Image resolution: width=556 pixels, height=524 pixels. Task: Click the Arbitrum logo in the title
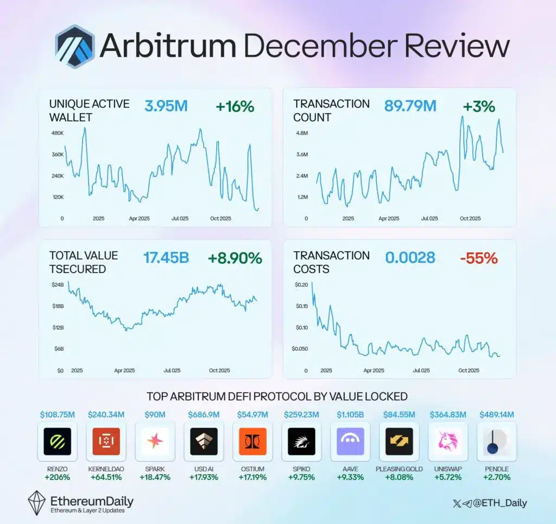[75, 46]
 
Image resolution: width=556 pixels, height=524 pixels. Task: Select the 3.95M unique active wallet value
[166, 106]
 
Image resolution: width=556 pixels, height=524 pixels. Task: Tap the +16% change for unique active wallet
[235, 106]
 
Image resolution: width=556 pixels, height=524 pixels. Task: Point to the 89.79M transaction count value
[410, 106]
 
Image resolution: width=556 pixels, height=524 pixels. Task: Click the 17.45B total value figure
[166, 258]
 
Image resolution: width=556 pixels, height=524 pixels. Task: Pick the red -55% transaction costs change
[478, 258]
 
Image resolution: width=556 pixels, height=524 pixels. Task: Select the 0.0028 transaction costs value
[410, 258]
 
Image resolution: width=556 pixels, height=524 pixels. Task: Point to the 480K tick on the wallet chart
[57, 133]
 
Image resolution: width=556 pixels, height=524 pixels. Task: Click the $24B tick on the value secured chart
[57, 285]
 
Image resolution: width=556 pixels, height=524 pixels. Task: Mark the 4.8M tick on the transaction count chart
[301, 133]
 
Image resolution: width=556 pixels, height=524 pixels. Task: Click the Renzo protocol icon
[57, 441]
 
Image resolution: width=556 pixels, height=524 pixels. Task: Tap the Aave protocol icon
[350, 441]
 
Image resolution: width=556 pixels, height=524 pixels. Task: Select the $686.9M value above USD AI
[203, 415]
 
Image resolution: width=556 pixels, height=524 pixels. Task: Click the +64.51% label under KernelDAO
[106, 477]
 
